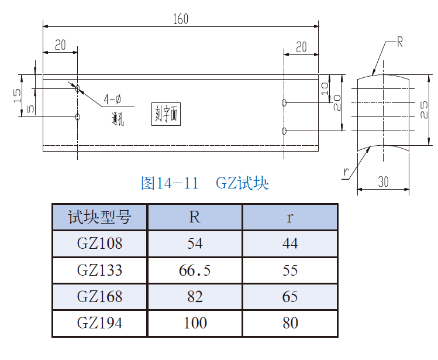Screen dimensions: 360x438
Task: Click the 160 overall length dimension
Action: pos(181,19)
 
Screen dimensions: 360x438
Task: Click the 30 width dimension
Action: pos(383,181)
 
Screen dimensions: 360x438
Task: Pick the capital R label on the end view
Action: pos(401,42)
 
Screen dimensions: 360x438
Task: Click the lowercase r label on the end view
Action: pos(347,172)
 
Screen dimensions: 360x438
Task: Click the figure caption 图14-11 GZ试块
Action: pos(205,183)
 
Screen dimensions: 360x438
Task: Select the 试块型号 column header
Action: pos(99,217)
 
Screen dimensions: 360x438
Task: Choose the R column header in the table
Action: pos(195,217)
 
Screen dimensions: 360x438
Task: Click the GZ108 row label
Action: pos(99,244)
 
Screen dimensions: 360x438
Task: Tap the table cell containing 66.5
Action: pos(195,270)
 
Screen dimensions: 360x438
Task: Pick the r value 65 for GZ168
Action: pos(290,296)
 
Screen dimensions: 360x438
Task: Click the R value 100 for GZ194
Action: pos(195,323)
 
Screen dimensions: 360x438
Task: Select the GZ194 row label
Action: pos(99,323)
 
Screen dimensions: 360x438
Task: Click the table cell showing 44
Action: pos(290,244)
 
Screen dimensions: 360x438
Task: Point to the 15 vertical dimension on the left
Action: pos(17,94)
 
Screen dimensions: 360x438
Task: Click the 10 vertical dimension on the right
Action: pos(325,88)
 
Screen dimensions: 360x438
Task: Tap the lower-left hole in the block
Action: pos(78,116)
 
